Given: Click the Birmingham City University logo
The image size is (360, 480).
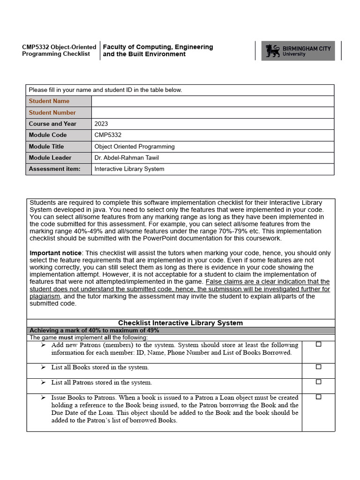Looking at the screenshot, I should pos(298,51).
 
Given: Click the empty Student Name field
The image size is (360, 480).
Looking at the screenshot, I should pos(212,101).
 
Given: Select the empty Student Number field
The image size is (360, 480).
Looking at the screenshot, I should pos(212,112).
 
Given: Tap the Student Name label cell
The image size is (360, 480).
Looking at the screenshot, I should pos(49,101).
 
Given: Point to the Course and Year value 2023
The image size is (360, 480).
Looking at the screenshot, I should pos(101,124).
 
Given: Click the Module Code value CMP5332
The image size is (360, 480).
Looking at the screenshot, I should pos(108,135).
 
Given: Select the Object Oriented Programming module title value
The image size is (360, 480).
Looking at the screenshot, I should pos(135,146).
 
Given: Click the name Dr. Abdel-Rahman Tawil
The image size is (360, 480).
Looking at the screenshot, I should pos(129,157).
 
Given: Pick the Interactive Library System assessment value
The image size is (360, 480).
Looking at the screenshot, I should pos(129,169).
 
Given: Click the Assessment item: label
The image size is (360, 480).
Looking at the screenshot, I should pos(54,169).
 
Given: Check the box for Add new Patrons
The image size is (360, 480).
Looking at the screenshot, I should pos(318,344).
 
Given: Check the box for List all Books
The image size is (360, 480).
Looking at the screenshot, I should pos(318,367).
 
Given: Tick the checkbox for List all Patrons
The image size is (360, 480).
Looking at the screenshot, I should pos(318,382).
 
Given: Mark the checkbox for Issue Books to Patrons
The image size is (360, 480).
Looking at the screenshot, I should pos(318,397).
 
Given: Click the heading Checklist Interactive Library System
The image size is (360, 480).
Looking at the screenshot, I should pos(180,323).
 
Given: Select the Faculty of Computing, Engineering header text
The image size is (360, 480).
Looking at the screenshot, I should pos(157,47).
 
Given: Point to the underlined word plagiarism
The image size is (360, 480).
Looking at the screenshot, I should pos(45,296).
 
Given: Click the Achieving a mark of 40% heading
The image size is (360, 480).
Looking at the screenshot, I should pos(94,330).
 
